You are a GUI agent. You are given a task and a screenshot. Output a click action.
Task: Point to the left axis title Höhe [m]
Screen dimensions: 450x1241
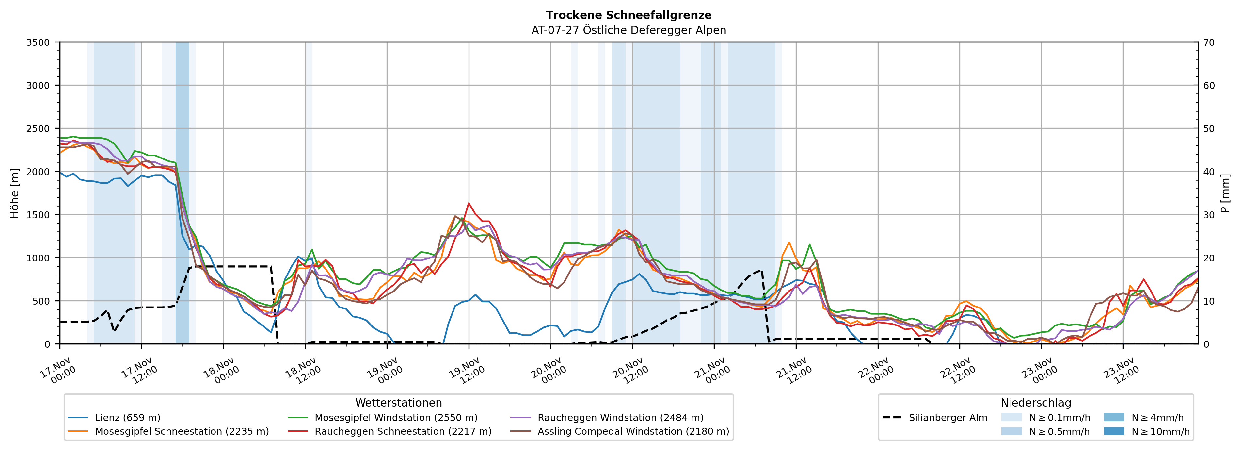[x=15, y=193]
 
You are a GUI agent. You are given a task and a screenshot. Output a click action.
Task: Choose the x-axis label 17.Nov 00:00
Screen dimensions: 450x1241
[x=56, y=370]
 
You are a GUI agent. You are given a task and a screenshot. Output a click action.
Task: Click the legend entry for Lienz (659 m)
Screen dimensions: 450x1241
[x=128, y=418]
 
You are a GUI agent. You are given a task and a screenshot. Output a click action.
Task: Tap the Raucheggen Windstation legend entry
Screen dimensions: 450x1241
[x=620, y=418]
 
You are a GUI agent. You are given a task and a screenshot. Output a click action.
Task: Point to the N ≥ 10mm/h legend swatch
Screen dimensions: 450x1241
[x=1113, y=431]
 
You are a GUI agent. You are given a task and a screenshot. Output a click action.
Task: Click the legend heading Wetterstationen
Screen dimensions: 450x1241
[x=398, y=403]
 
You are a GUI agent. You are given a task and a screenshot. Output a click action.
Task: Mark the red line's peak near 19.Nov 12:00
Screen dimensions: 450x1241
[x=469, y=203]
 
